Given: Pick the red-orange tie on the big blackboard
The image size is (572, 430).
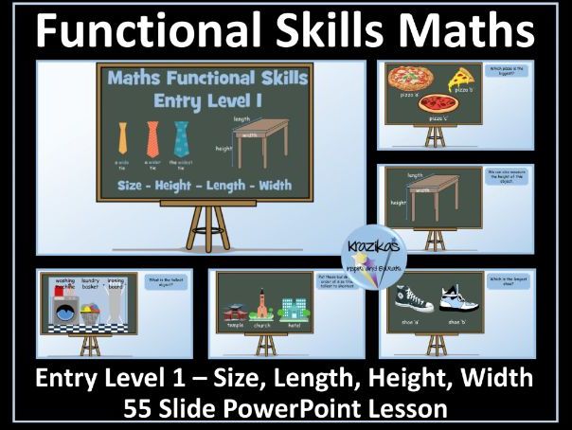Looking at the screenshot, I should [152, 137].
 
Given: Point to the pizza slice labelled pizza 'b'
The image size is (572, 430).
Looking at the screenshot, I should [461, 76].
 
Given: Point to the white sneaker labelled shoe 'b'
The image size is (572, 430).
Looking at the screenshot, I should [469, 304].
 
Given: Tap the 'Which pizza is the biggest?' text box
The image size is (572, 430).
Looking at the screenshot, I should [518, 75].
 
